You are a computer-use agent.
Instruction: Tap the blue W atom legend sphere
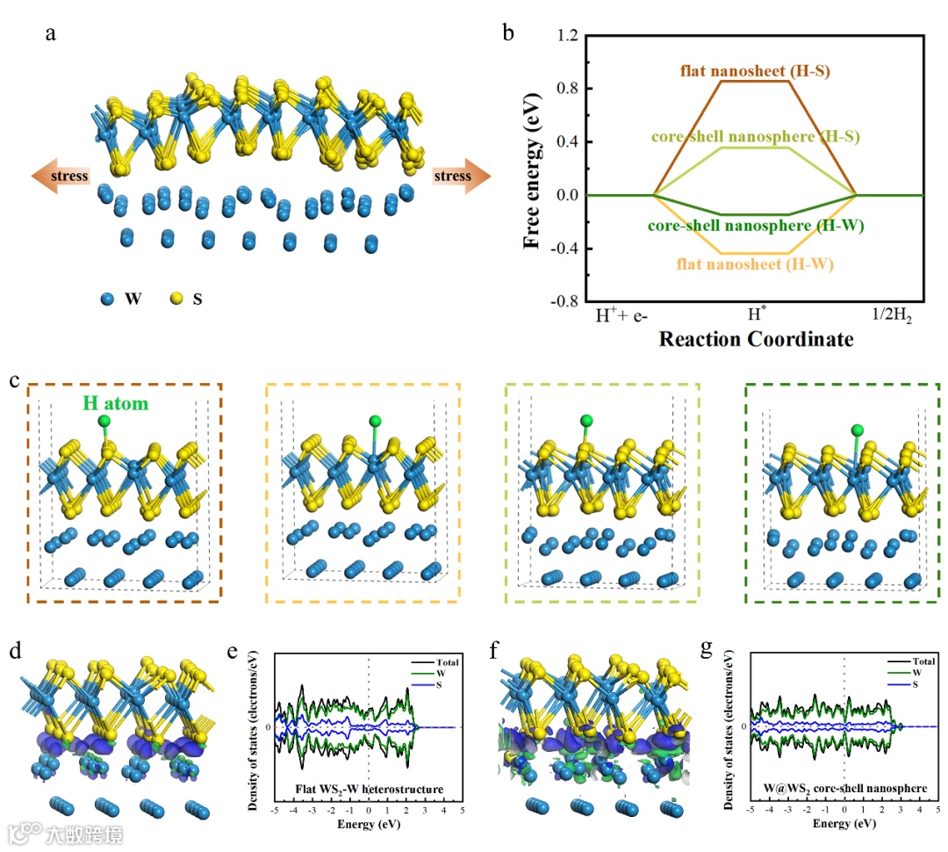coord(107,299)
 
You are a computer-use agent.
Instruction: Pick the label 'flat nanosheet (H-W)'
coord(755,263)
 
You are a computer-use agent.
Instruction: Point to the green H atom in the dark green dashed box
coord(858,430)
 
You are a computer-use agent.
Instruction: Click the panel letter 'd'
coord(14,653)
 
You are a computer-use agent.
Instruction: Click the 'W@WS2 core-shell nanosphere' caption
coord(842,788)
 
